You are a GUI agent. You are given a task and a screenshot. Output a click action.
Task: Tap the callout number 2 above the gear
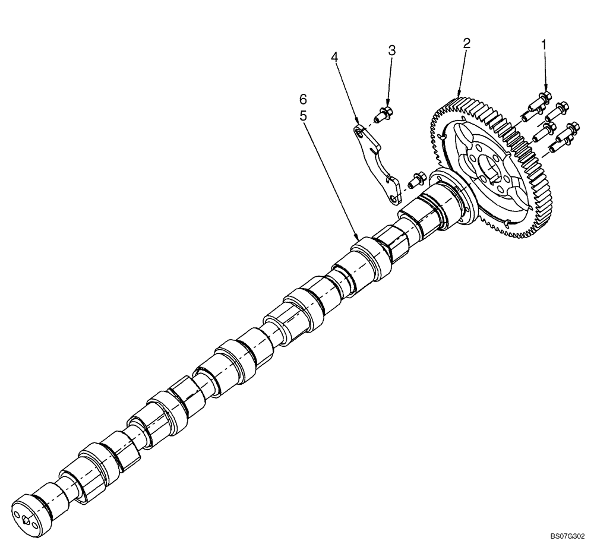pos(466,43)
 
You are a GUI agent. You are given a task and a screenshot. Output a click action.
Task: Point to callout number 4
pos(335,57)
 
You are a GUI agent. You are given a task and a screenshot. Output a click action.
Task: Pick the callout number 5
pos(304,116)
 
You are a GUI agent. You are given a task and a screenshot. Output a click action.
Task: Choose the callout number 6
pos(304,97)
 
